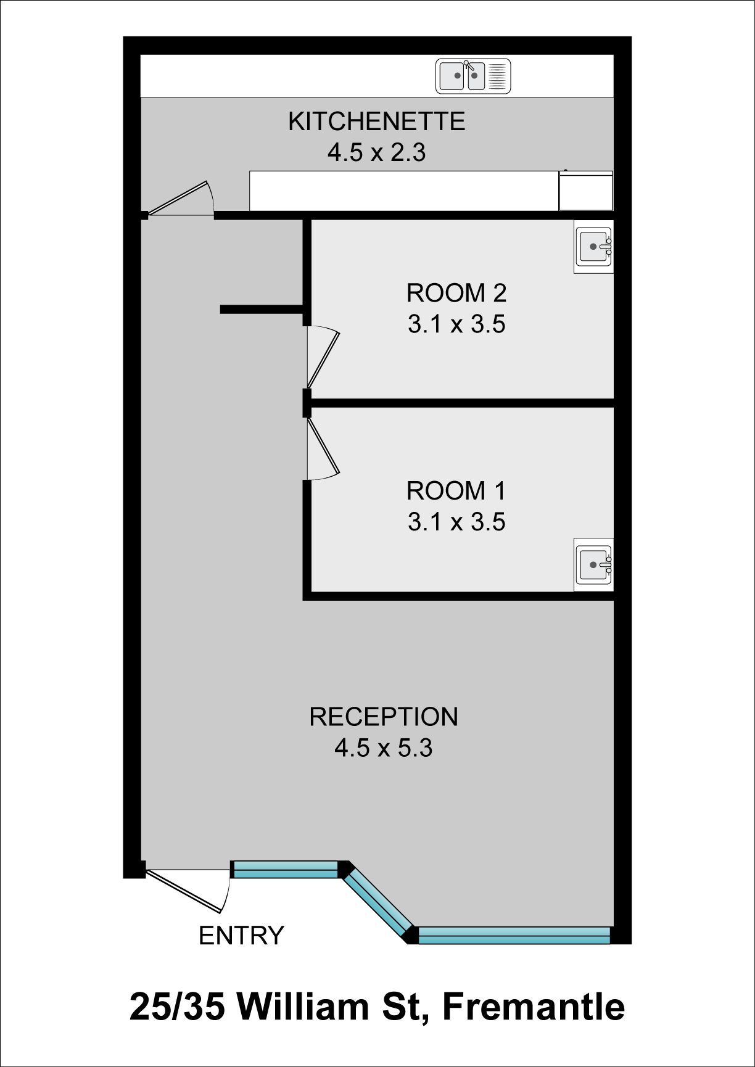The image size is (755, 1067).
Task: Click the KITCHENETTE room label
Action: (x=376, y=122)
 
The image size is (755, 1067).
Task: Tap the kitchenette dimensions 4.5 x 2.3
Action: (x=376, y=152)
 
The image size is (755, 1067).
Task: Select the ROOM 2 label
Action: (x=456, y=293)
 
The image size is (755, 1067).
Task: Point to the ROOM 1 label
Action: (x=456, y=491)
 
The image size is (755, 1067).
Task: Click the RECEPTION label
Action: (x=384, y=717)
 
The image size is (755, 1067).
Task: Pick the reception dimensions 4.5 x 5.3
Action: (x=384, y=748)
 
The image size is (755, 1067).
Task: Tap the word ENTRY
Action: (x=241, y=936)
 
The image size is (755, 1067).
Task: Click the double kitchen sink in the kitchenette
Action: (x=473, y=76)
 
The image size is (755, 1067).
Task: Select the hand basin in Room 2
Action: (x=593, y=247)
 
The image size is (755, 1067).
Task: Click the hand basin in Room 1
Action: (x=593, y=564)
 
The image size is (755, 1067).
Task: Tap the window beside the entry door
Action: (x=285, y=870)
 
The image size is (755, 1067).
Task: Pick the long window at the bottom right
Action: (x=514, y=935)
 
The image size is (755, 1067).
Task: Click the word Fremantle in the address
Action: (x=534, y=1007)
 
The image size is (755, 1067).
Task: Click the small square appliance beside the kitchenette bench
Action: (x=586, y=191)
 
